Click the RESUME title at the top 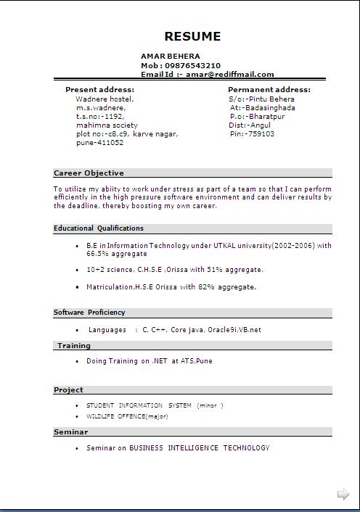tap(192, 36)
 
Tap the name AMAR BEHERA tap(171, 56)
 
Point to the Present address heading tap(99, 90)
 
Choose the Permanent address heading tap(269, 90)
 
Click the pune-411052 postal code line tap(99, 143)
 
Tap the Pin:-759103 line tap(252, 134)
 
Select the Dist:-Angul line tap(250, 125)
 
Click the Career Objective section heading tap(89, 173)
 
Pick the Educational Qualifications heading tap(99, 228)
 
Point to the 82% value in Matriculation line tap(207, 287)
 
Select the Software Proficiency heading tap(89, 313)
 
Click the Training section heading tap(74, 346)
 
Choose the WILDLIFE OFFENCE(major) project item tap(127, 416)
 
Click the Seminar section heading tap(70, 432)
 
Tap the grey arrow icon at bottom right tap(343, 495)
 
